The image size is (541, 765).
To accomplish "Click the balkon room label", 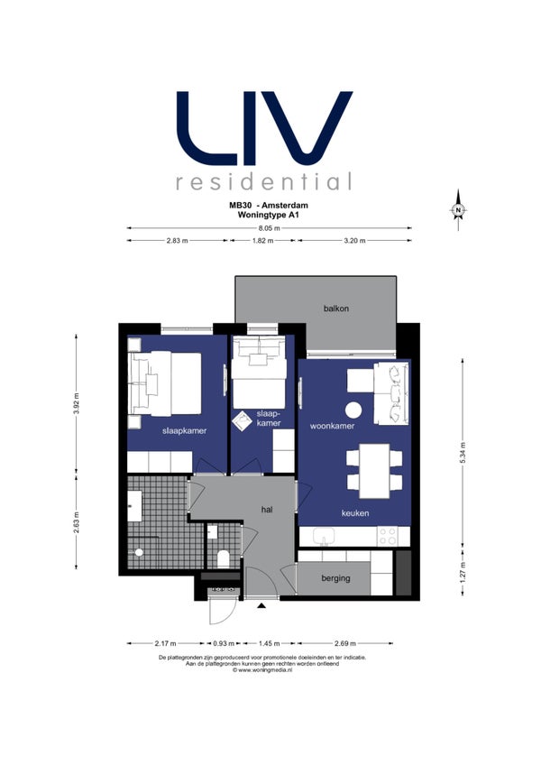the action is point(336,309).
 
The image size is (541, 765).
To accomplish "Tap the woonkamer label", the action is point(332,426).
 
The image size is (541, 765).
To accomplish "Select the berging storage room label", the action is point(335,578).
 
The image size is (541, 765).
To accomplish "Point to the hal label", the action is point(266,510).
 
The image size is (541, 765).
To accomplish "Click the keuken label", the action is point(354,513).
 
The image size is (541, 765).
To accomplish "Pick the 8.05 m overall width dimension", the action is point(269,228).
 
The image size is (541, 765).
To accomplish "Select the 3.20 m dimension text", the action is point(354,241).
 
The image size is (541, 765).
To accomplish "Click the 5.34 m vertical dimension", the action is point(463,454).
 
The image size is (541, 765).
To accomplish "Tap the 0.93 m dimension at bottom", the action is point(224,643).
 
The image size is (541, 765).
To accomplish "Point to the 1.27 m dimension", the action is point(463,573).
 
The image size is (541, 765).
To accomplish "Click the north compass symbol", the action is point(458,210).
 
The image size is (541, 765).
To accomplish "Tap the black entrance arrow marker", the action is point(261,606).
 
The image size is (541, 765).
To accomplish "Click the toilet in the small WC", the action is point(224,558).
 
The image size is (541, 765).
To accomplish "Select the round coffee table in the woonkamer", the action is point(353,410).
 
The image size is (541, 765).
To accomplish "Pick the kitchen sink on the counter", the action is point(324,537).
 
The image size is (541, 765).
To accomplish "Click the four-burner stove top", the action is point(388,536).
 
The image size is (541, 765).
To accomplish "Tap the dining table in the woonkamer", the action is point(374,471).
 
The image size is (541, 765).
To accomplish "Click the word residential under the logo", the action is point(263,181).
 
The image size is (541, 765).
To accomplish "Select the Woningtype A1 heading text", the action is point(268,214).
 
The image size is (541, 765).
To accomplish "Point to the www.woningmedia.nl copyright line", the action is point(262,670).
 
